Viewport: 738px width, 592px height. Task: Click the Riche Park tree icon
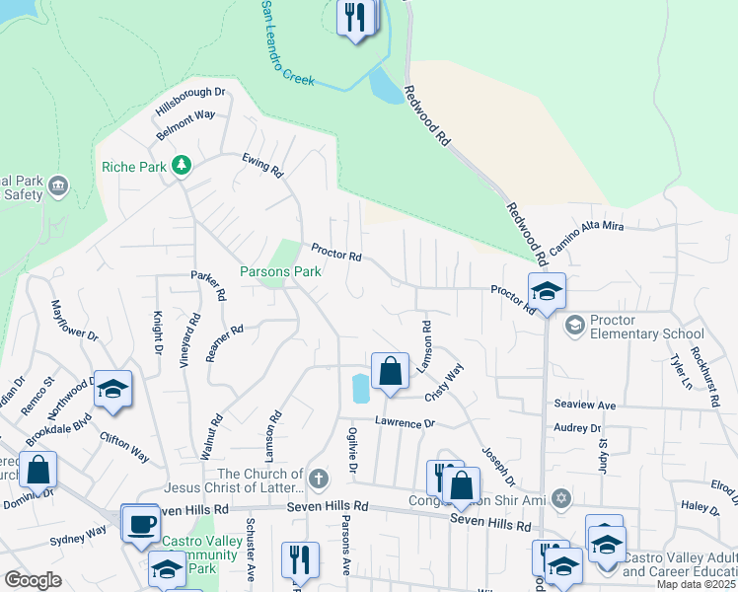click(x=181, y=165)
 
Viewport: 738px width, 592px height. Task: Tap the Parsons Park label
click(x=280, y=271)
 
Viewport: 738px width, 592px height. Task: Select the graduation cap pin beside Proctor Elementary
click(x=547, y=291)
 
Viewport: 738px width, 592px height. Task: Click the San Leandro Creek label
click(x=286, y=45)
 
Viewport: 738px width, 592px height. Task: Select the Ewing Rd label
click(x=263, y=166)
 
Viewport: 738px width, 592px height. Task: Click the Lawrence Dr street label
click(x=405, y=422)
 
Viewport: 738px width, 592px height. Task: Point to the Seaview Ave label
click(x=584, y=406)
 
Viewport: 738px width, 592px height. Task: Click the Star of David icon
click(x=561, y=497)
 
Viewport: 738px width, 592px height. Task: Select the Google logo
click(x=33, y=580)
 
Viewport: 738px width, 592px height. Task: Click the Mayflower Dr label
click(x=75, y=321)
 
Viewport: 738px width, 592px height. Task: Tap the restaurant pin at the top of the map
click(x=355, y=17)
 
